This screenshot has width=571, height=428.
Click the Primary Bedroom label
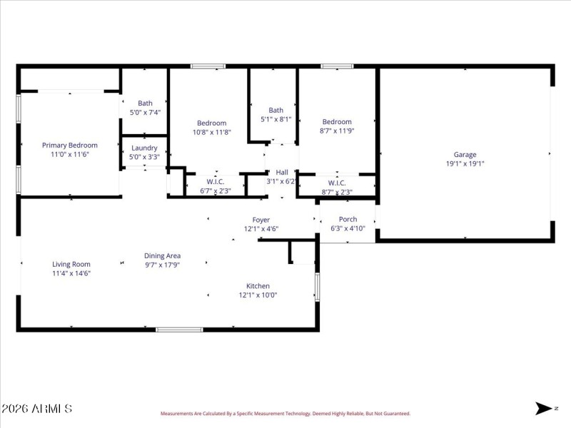(x=69, y=145)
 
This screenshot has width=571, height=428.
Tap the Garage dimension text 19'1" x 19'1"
(x=465, y=163)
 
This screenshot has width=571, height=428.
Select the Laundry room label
(x=144, y=148)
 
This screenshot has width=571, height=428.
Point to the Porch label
(x=348, y=219)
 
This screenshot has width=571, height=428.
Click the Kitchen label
(x=258, y=285)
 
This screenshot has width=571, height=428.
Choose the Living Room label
(x=71, y=264)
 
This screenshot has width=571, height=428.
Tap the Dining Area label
(x=162, y=255)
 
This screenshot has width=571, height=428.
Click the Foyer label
(x=261, y=220)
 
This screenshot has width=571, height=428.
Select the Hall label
(x=282, y=172)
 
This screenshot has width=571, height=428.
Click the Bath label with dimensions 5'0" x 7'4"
(x=145, y=103)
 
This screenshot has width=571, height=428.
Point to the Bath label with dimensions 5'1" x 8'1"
(x=276, y=110)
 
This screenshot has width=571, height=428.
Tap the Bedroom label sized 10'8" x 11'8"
(x=211, y=123)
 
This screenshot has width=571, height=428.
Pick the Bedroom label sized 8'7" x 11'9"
(x=336, y=122)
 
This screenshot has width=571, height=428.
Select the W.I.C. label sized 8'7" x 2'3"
(x=337, y=183)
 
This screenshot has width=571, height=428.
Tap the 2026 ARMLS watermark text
(x=36, y=409)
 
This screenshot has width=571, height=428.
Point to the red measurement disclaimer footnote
(x=285, y=413)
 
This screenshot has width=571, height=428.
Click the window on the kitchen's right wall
(x=318, y=287)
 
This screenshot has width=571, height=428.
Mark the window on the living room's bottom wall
(x=179, y=330)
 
